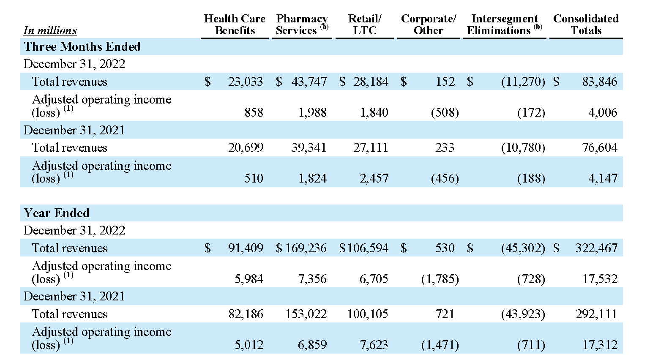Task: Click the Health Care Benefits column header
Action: tap(235, 25)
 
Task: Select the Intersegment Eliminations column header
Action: tap(505, 25)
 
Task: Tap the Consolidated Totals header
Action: tap(586, 25)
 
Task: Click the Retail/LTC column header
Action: tap(365, 25)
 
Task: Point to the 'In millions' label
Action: tap(50, 30)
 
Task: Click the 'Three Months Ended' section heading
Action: tap(82, 46)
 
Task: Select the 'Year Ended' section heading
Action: tap(57, 213)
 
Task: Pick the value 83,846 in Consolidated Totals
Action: tap(600, 82)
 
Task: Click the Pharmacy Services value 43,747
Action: tap(309, 82)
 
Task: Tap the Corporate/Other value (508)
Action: tap(445, 112)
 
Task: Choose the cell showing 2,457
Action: tap(374, 178)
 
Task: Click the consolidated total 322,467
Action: tap(596, 248)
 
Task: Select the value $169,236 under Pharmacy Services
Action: tap(301, 248)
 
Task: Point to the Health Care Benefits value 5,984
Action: tap(249, 279)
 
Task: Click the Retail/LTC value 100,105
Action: tap(368, 314)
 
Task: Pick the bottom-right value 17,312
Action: tap(600, 345)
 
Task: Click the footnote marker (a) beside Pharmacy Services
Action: tap(325, 27)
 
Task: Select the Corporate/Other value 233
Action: tap(445, 147)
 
